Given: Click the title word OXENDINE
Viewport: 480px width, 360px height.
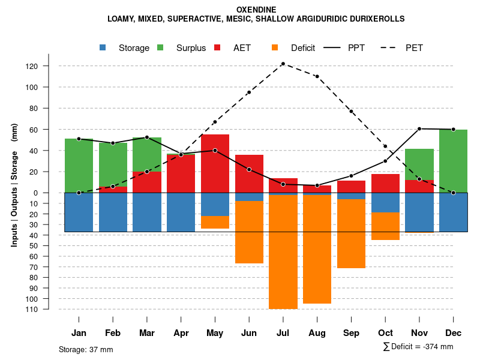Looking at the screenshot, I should pos(256,10).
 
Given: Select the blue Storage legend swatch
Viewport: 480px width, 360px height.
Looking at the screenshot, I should pos(103,48).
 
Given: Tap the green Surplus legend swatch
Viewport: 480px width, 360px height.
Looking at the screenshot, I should pos(160,48).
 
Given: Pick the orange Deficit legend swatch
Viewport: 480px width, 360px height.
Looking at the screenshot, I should pos(275,48).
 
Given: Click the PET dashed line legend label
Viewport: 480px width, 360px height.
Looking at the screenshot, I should pos(414,48).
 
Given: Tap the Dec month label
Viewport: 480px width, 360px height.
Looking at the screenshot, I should pos(453,333).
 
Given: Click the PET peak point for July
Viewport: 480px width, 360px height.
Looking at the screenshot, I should pos(283,64).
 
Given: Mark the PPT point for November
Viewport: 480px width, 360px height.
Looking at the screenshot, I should pos(419,128).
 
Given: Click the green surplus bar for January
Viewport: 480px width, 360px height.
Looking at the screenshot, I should pos(79,166).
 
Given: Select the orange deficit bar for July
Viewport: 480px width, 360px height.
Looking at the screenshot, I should pos(283,252).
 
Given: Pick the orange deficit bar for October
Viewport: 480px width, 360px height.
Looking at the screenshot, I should pos(385,226).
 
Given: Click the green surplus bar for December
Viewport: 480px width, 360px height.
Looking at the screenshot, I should pos(453,161).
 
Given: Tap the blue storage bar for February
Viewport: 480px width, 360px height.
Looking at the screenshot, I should pos(113,212).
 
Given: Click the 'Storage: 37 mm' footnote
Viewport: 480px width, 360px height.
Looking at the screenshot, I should pos(86,349).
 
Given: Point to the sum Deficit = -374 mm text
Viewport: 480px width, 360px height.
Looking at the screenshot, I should pos(418,347).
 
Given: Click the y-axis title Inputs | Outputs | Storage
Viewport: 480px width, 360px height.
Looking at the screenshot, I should pos(14,185).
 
